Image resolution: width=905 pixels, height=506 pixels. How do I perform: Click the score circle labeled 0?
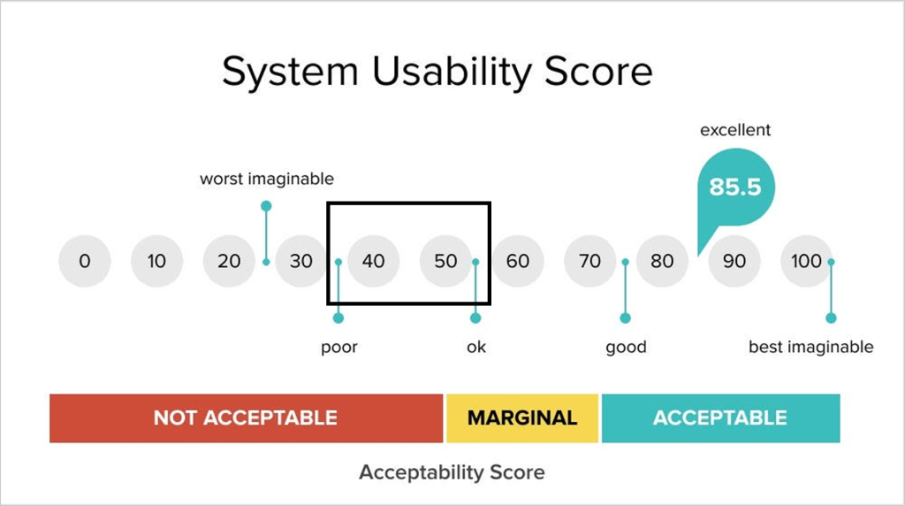[84, 261]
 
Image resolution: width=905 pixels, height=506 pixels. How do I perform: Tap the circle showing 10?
[156, 261]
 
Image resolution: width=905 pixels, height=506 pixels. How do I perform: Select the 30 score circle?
[300, 261]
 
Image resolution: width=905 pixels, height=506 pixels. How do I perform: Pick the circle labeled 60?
[518, 261]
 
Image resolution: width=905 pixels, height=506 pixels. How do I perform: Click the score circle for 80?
[662, 261]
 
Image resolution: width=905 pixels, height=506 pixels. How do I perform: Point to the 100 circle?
[806, 261]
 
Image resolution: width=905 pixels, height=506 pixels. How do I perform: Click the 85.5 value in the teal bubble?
[735, 187]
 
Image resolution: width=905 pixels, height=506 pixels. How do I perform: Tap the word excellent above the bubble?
[735, 130]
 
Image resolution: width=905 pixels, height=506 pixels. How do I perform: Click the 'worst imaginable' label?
[267, 179]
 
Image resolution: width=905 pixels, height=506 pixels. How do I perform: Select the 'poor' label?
[339, 347]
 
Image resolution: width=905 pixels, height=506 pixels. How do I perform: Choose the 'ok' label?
[476, 347]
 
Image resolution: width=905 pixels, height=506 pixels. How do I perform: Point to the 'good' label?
[626, 347]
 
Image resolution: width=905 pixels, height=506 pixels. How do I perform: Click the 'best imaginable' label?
[811, 347]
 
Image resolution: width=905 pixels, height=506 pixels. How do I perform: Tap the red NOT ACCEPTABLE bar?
[246, 418]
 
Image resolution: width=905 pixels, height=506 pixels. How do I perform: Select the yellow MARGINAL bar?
[522, 418]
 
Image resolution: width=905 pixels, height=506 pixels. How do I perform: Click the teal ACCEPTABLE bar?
[721, 418]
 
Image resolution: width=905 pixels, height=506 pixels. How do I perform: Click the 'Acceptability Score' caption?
[452, 472]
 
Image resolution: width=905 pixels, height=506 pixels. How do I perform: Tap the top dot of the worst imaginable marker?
[266, 206]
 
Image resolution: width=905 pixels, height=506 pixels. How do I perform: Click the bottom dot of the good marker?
[625, 318]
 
